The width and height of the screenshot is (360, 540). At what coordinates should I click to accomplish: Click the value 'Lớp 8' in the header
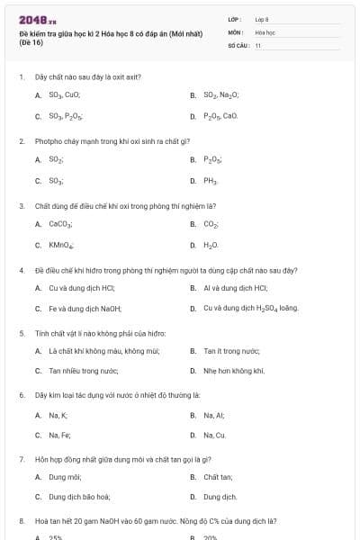coord(262,19)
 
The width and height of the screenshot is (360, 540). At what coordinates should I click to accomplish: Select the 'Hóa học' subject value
coord(265,31)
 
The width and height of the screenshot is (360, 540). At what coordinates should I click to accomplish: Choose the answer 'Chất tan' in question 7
coord(218,477)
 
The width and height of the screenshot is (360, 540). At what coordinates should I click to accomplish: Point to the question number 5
coord(22,332)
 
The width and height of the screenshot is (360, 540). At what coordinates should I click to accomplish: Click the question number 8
coord(22,521)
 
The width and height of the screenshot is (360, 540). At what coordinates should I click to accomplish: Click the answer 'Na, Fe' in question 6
coord(59,436)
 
